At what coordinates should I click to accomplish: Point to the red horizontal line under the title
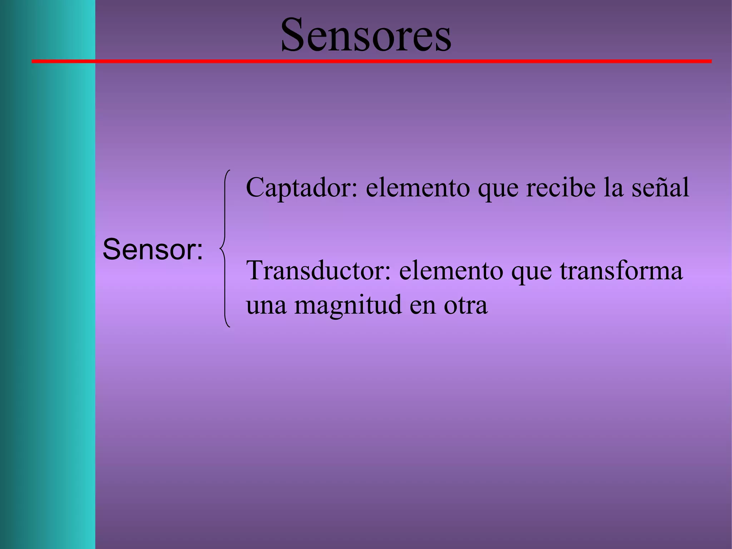tap(372, 62)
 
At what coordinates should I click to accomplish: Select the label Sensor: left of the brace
tap(153, 249)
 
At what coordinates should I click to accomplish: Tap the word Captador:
tap(301, 187)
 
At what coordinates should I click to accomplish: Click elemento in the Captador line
tap(417, 187)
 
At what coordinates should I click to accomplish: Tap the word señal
tap(660, 187)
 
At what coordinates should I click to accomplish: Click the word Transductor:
tap(318, 270)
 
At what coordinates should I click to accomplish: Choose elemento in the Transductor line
tap(451, 270)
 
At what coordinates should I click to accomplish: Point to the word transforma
tap(621, 270)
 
